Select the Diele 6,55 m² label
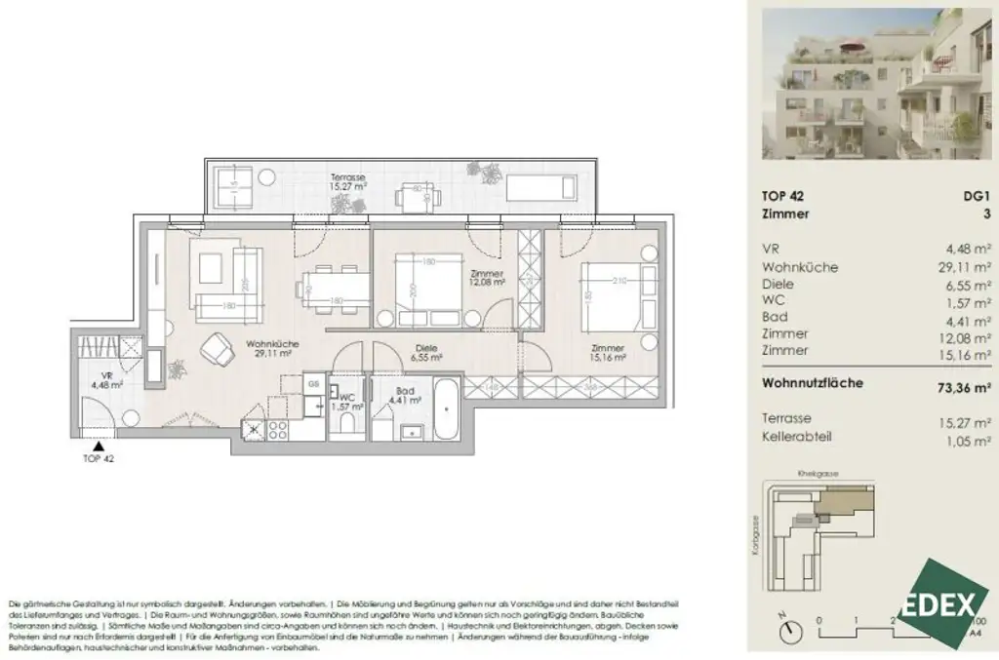coord(424,354)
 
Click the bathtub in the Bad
coord(449,412)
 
